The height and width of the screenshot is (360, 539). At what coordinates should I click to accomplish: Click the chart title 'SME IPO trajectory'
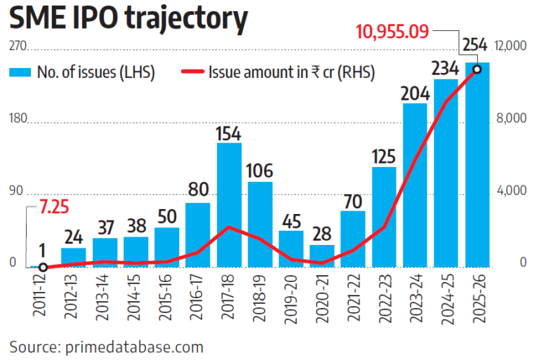click(x=128, y=19)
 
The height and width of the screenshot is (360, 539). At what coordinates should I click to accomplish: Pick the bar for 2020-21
click(x=322, y=256)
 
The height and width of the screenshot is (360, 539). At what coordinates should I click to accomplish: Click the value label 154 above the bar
click(x=229, y=133)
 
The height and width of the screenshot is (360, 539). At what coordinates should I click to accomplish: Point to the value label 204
click(x=415, y=93)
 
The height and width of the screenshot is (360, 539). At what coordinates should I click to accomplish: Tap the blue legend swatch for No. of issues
click(x=21, y=72)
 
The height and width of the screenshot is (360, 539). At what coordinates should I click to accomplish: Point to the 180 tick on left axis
click(x=17, y=119)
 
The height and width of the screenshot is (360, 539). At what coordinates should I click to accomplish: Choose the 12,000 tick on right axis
click(x=511, y=46)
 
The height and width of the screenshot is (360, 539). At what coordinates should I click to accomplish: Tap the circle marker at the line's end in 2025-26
click(x=477, y=69)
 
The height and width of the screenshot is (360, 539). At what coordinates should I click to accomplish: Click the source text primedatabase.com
click(x=107, y=346)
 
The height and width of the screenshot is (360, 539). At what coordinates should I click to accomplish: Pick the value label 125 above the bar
click(x=384, y=156)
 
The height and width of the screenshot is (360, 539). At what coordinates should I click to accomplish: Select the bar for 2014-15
click(x=136, y=252)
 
